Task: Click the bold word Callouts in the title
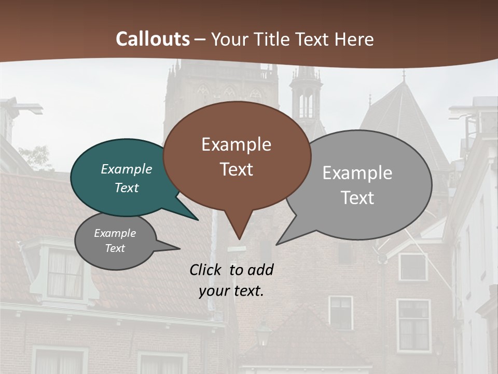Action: (x=153, y=39)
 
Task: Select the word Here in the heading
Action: (x=354, y=39)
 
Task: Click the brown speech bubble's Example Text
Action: (x=237, y=156)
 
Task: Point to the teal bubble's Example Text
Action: (x=127, y=178)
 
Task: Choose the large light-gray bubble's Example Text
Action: (x=357, y=185)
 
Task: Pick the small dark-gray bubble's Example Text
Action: (x=115, y=241)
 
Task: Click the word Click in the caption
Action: (x=206, y=270)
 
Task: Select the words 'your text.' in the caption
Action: (x=231, y=291)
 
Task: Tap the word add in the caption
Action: (x=260, y=270)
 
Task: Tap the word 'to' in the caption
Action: (x=236, y=270)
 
